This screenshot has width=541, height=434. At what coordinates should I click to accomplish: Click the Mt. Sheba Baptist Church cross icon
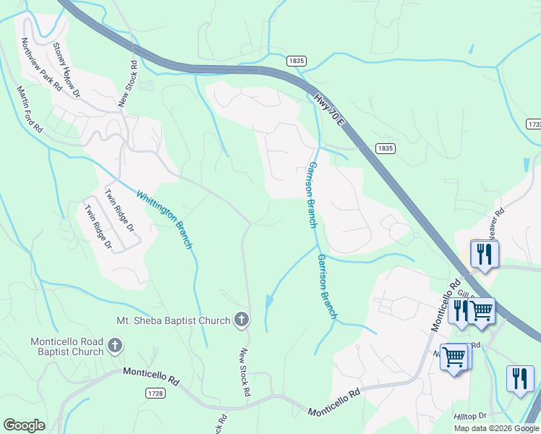[242, 319]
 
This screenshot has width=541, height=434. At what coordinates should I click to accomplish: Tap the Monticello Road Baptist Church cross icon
[114, 346]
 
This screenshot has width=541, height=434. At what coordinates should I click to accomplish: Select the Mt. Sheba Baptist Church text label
[173, 320]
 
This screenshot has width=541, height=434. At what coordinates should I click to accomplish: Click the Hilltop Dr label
[471, 417]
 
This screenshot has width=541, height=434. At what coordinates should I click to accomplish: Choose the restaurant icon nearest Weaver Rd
[483, 255]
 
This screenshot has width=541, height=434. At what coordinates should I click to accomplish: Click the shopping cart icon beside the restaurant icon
[481, 311]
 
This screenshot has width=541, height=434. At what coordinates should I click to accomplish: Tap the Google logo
[24, 425]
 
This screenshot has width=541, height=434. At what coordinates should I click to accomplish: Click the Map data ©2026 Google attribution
[496, 428]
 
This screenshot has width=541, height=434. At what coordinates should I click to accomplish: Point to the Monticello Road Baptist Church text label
[67, 346]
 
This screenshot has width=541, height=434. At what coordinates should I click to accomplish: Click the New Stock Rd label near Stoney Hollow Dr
[129, 84]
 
